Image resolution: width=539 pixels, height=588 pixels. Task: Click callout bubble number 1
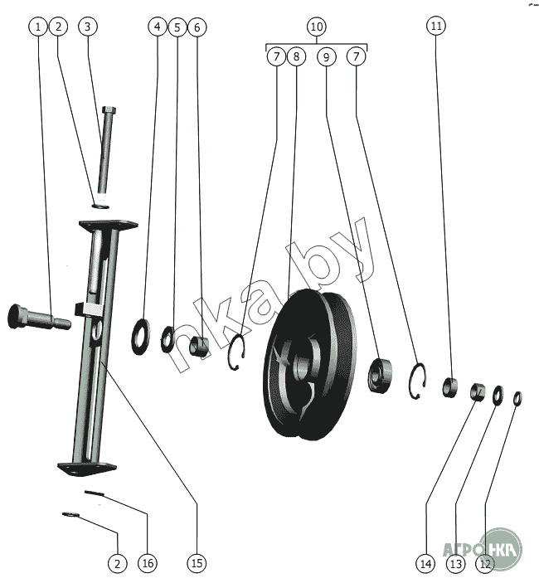pyautogui.click(x=38, y=27)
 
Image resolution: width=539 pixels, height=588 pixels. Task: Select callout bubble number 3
pyautogui.click(x=88, y=27)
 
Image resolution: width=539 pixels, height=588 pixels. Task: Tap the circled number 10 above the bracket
pyautogui.click(x=317, y=27)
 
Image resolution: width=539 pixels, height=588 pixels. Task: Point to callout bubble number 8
pyautogui.click(x=296, y=56)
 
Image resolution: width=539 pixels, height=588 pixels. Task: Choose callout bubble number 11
pyautogui.click(x=436, y=26)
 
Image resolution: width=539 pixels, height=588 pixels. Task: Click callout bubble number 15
pyautogui.click(x=197, y=563)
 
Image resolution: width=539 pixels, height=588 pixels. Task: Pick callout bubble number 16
pyautogui.click(x=148, y=563)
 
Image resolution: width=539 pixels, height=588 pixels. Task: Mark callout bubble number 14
pyautogui.click(x=425, y=563)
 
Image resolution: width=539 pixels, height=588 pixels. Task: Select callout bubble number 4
pyautogui.click(x=158, y=27)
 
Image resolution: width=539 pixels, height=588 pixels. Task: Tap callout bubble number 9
pyautogui.click(x=326, y=57)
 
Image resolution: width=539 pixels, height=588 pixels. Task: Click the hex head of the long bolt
pyautogui.click(x=109, y=110)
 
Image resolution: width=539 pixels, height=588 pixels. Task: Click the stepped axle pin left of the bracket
pyautogui.click(x=39, y=318)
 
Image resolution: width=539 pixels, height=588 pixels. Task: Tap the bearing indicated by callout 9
pyautogui.click(x=380, y=375)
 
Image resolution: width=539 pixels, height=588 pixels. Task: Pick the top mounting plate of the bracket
pyautogui.click(x=109, y=225)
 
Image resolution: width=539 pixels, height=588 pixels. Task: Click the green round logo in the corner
pyautogui.click(x=501, y=549)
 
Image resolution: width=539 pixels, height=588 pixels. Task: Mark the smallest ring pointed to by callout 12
pyautogui.click(x=517, y=398)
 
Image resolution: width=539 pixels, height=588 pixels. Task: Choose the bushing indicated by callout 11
pyautogui.click(x=449, y=387)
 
